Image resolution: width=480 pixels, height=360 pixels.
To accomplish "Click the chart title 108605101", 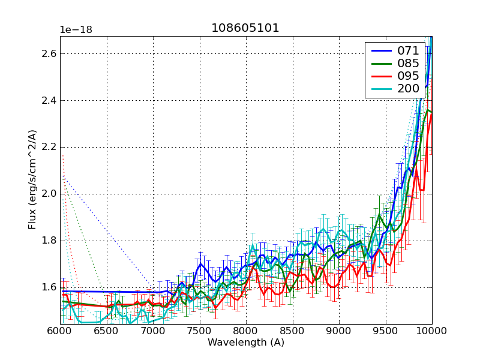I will coord(245,28).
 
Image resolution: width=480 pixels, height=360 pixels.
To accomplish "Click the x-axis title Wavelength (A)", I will coord(245,343).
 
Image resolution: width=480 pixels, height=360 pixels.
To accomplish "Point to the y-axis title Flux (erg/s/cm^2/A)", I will coord(32,180).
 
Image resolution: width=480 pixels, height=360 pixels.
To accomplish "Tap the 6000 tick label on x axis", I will coord(60,331).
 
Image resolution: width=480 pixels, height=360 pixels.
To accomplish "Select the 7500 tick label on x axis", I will coord(199,331).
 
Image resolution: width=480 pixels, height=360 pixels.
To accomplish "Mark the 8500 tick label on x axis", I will coord(292,331).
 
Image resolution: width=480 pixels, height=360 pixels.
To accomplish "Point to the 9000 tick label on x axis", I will coord(338,331).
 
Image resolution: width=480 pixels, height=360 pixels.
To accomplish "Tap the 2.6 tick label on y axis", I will coord(49,53).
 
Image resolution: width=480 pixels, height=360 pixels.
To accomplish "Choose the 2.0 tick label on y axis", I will coord(49,194).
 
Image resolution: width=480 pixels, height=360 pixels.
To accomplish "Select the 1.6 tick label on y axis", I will coord(49,287).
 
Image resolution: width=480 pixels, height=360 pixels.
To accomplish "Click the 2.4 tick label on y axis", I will coord(49,100).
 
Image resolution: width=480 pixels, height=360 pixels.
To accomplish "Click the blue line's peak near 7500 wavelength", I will coord(200,263).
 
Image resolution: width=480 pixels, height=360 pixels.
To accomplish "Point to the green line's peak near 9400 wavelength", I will coord(379,214).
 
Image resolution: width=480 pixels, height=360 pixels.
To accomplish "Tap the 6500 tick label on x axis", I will coord(106,331).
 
